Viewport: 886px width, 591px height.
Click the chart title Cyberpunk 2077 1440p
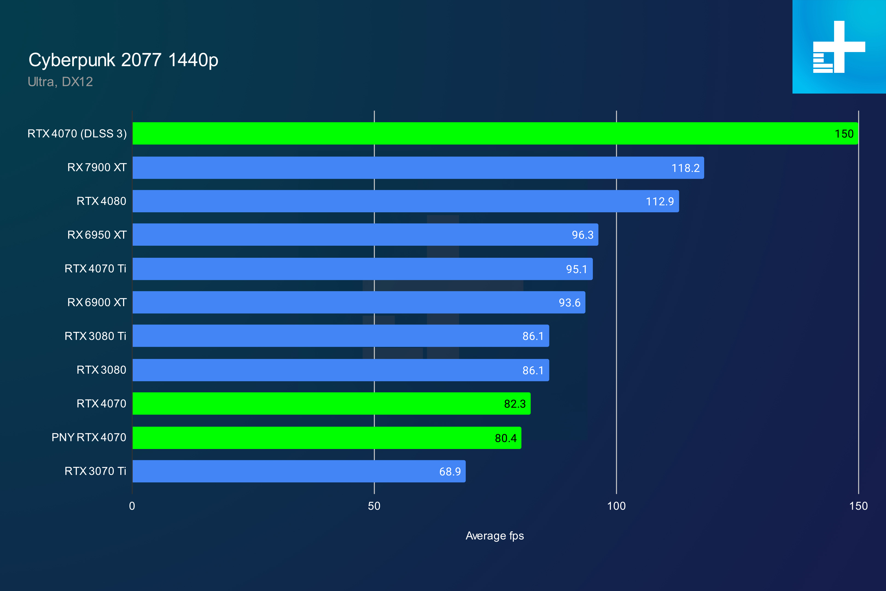click(x=123, y=60)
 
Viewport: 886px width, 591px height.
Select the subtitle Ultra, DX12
click(x=60, y=82)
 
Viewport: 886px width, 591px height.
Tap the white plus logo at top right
click(x=839, y=47)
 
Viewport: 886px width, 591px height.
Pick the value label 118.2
click(x=685, y=168)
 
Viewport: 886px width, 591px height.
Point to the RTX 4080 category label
click(x=101, y=201)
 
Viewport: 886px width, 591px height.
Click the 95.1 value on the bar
click(x=576, y=269)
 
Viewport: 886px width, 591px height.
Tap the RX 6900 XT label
click(x=97, y=302)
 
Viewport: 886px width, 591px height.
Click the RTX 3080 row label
click(x=101, y=370)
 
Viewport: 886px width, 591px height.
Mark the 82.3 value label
click(x=515, y=404)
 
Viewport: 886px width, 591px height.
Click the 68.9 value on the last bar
click(x=450, y=471)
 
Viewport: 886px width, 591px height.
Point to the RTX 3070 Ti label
click(x=95, y=471)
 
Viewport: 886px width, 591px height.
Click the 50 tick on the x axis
click(x=374, y=506)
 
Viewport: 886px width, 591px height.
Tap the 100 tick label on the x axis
click(x=616, y=506)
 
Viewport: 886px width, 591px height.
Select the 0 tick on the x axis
click(x=132, y=506)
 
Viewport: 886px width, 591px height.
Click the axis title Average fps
click(x=495, y=536)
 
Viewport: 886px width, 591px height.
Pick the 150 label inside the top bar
click(x=844, y=134)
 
